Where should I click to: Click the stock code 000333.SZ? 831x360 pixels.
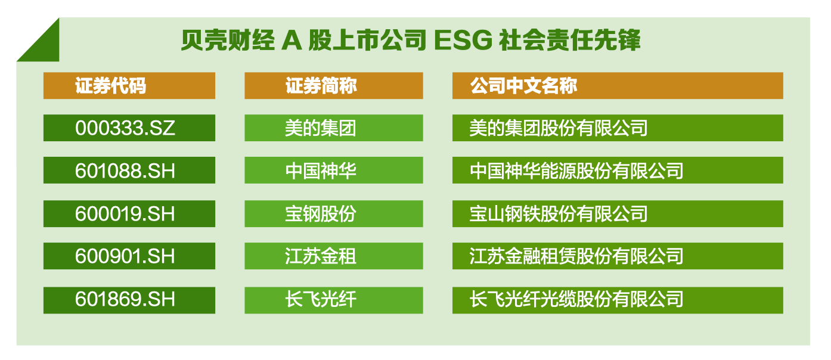[x=125, y=128]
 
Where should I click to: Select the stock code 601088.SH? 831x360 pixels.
[x=125, y=170]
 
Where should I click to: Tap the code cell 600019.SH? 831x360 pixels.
[x=125, y=214]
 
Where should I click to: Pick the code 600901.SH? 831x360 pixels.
[x=125, y=256]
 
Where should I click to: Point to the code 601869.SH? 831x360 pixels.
[x=125, y=299]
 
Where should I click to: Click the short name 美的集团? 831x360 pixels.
[x=321, y=128]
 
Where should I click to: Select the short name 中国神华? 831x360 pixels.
[x=321, y=170]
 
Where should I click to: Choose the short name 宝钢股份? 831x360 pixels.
[x=321, y=214]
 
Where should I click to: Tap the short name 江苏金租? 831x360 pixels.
[x=321, y=256]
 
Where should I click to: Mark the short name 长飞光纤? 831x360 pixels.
[x=321, y=299]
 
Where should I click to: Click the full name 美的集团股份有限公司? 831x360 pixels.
[x=559, y=128]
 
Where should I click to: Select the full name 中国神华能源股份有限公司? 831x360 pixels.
[x=576, y=170]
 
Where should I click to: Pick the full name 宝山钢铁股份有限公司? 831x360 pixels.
[x=559, y=214]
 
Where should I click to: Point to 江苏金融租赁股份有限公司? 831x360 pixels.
[x=576, y=256]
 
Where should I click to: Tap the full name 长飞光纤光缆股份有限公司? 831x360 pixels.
[x=576, y=299]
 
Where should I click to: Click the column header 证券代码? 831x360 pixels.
[x=110, y=86]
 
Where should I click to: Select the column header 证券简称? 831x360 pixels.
[x=321, y=86]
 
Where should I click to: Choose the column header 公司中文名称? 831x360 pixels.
[x=523, y=86]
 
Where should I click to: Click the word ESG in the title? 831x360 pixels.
[x=463, y=40]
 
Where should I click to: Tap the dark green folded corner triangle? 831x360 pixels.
[x=45, y=46]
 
